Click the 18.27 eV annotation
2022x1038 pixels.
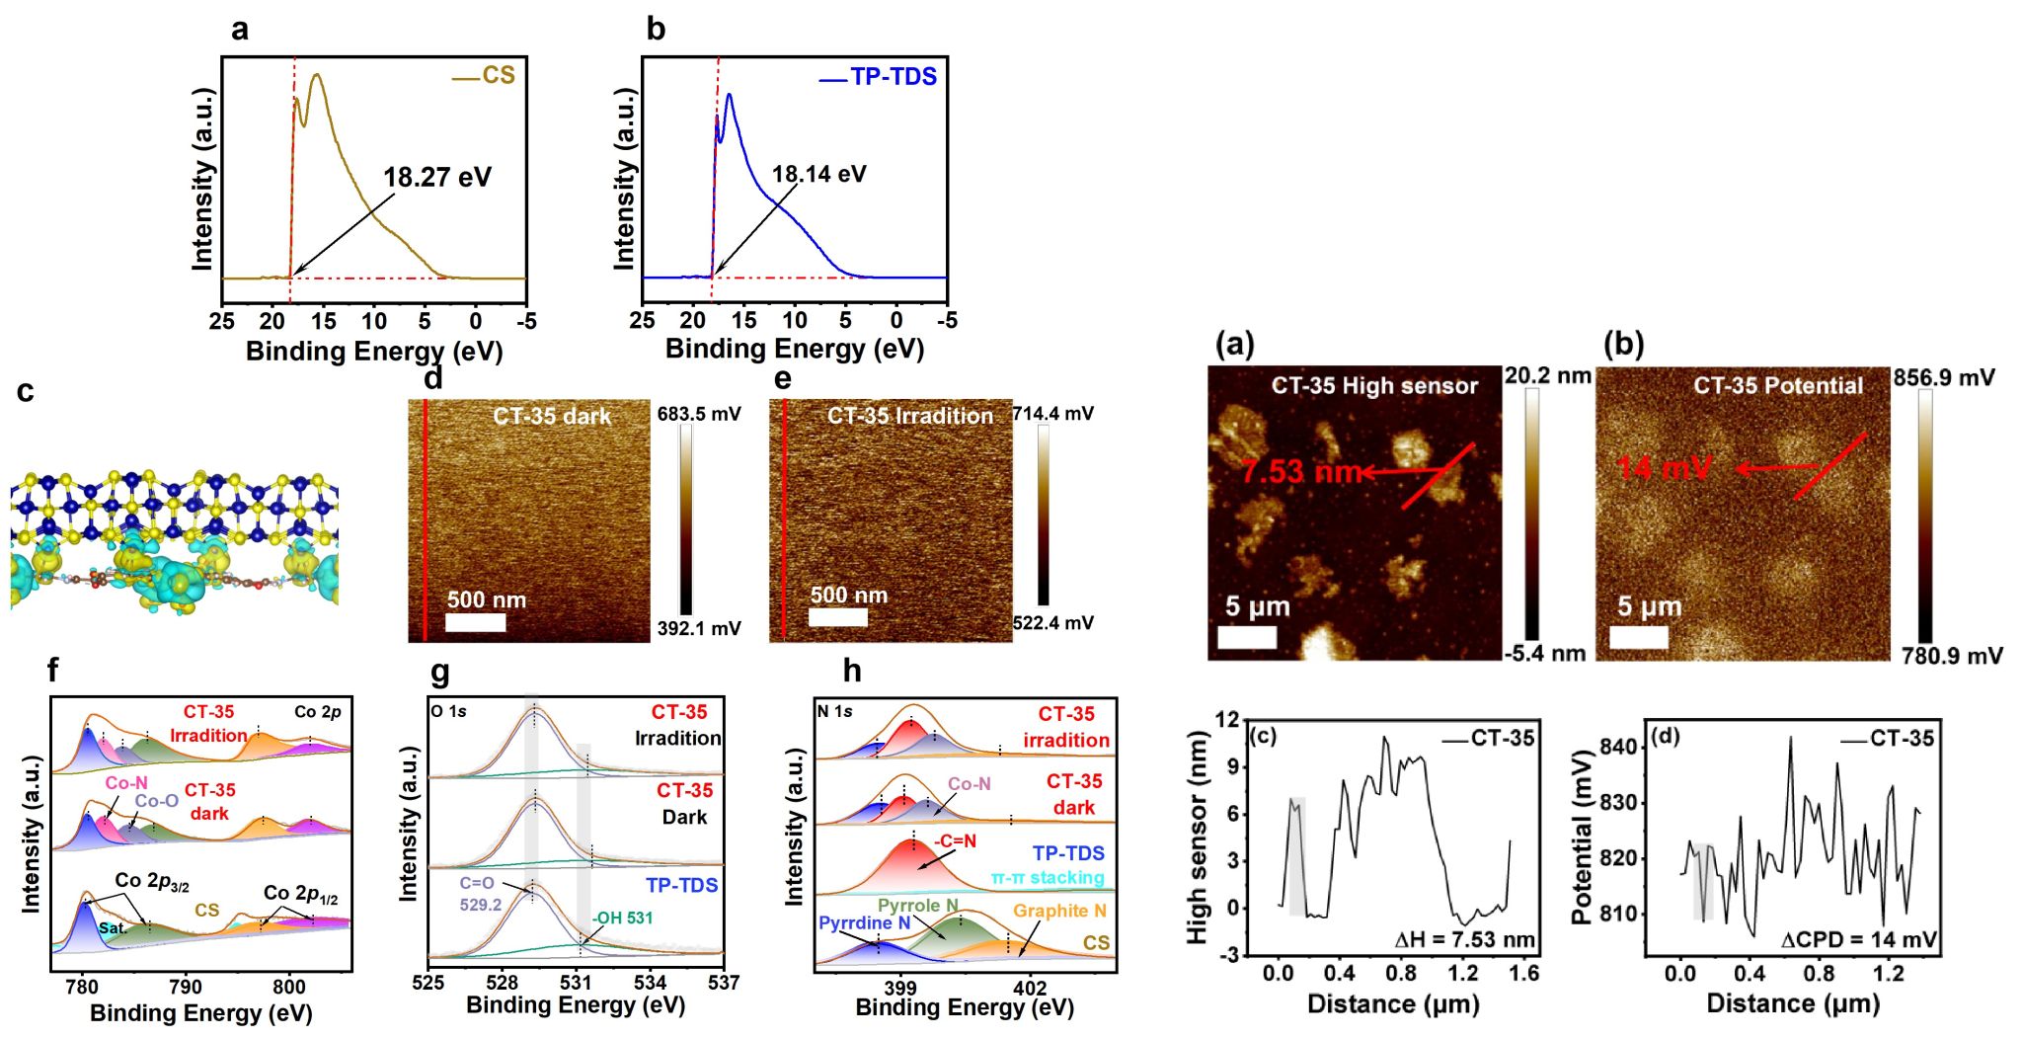[436, 178]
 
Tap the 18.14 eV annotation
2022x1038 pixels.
[818, 175]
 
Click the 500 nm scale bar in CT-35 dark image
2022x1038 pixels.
[475, 622]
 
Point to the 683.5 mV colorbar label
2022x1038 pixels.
[699, 414]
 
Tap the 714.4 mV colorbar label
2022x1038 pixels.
[1052, 414]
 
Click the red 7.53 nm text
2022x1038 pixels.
[1300, 471]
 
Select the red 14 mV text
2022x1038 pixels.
[1665, 467]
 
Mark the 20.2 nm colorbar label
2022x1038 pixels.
[1547, 376]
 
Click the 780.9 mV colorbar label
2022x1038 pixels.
[1952, 656]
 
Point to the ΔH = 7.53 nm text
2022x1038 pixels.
[1464, 939]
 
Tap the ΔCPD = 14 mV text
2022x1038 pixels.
[1858, 940]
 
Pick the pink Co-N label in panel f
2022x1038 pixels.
[126, 783]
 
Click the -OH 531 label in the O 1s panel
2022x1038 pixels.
[622, 918]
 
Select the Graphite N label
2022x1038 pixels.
[1059, 911]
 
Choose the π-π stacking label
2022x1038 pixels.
[1048, 877]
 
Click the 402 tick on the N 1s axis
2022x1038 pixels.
[1030, 987]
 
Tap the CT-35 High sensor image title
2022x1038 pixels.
[1374, 386]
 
